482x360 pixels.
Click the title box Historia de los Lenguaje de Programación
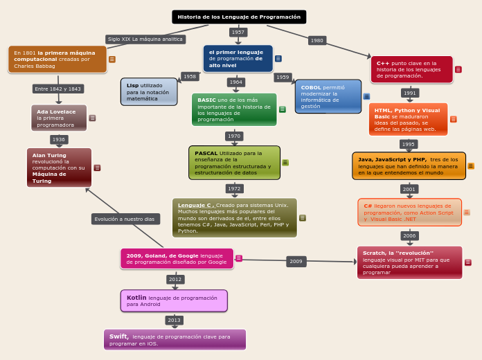click(239, 17)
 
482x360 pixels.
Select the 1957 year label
click(238, 33)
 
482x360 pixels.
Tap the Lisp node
click(149, 92)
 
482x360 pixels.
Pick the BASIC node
click(234, 109)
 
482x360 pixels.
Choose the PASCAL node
click(234, 163)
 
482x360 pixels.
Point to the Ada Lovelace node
click(59, 118)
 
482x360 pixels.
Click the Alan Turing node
click(59, 168)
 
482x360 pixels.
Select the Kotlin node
click(174, 301)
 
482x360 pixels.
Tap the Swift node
click(175, 339)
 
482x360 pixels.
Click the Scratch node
click(409, 262)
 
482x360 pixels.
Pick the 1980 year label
click(317, 41)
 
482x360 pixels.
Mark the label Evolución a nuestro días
click(125, 219)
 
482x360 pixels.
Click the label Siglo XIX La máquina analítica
click(145, 39)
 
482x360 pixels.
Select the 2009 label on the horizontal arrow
click(296, 262)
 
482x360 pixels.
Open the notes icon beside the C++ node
click(458, 69)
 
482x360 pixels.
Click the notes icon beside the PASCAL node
click(285, 163)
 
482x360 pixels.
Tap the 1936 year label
click(59, 139)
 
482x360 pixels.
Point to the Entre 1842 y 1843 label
click(58, 89)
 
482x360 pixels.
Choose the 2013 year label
click(174, 320)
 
